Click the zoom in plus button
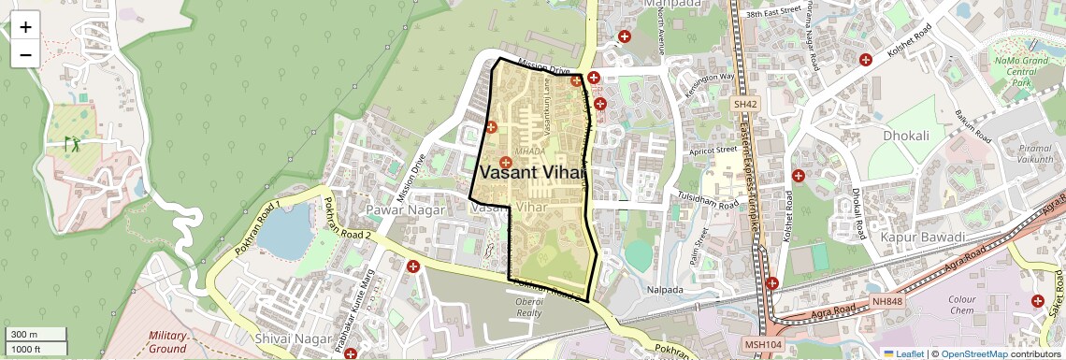click(x=25, y=26)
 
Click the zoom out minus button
click(x=25, y=54)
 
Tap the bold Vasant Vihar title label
click(x=533, y=172)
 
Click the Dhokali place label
click(x=906, y=136)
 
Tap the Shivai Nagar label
click(x=290, y=337)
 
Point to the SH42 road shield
click(x=744, y=105)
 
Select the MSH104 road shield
click(x=763, y=345)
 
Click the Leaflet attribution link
click(x=904, y=353)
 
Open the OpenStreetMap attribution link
click(x=973, y=353)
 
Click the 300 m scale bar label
click(x=25, y=335)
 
